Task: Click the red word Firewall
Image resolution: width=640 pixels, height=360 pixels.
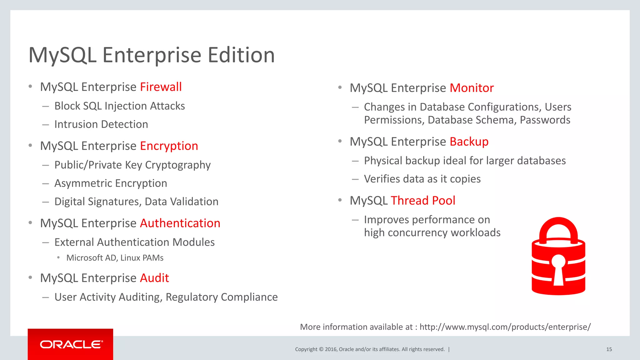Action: [x=161, y=87]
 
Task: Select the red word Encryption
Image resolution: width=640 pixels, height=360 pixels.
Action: [x=169, y=146]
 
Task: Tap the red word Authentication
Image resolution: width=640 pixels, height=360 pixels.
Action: [x=180, y=223]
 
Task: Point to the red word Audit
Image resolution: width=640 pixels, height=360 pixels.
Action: [x=154, y=278]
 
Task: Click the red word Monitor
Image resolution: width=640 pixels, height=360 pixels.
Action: [x=472, y=88]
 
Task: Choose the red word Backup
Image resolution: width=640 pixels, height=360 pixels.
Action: [x=469, y=142]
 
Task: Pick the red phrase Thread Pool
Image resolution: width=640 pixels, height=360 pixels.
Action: [x=423, y=201]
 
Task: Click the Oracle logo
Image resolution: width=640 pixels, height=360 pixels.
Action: [x=71, y=344]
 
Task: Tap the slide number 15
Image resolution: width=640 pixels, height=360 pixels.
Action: [x=609, y=349]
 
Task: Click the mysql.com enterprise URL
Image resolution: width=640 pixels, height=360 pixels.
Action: [x=505, y=327]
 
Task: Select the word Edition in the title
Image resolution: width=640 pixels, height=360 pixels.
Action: [x=241, y=55]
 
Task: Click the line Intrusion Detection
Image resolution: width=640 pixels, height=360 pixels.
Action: [x=101, y=124]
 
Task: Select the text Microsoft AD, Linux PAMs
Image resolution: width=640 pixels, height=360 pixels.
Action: [x=115, y=258]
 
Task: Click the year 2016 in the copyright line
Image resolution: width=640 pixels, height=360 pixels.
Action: [x=331, y=349]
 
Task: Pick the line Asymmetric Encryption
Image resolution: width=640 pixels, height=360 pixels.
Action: [x=111, y=183]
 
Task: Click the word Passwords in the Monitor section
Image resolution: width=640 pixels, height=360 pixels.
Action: [x=545, y=120]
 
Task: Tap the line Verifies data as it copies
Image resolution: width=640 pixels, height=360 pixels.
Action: [x=422, y=179]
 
